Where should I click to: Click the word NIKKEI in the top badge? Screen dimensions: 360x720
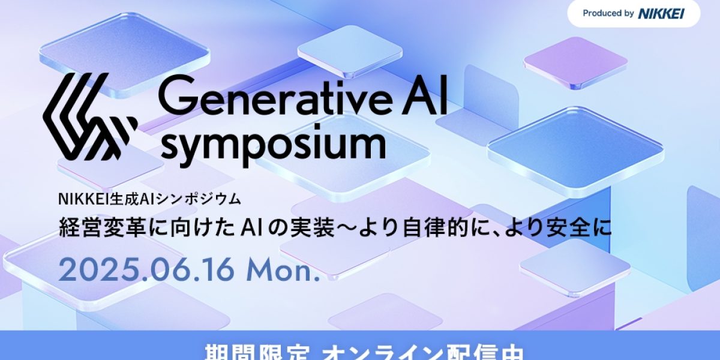661,13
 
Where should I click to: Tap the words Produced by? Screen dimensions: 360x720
608,13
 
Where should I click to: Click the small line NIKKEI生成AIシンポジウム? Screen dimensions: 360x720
149,198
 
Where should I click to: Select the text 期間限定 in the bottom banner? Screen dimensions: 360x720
237,352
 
